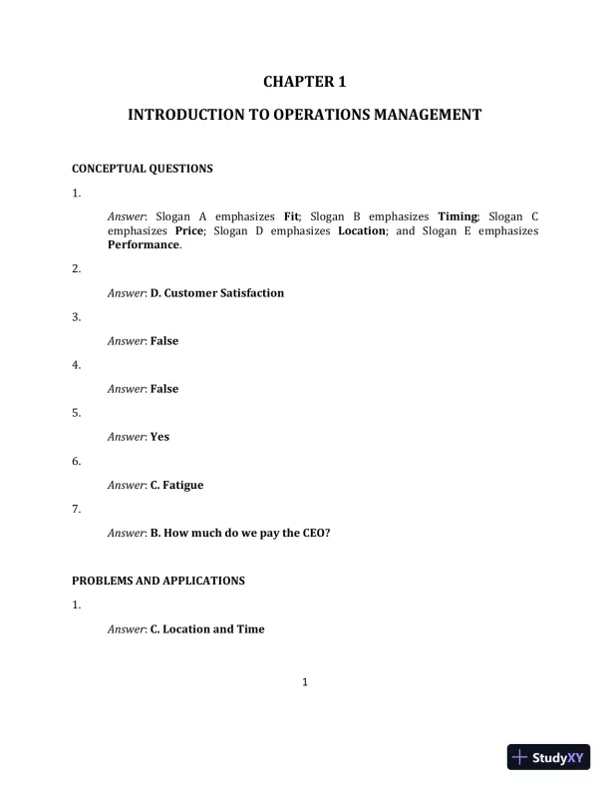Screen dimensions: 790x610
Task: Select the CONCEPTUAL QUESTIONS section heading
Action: click(x=143, y=169)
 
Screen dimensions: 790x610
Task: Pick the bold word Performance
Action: click(x=144, y=244)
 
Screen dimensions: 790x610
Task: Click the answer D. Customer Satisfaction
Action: click(x=216, y=293)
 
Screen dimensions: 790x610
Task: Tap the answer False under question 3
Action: click(x=164, y=341)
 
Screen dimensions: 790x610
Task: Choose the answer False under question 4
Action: click(x=164, y=389)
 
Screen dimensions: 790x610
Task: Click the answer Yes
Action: click(x=159, y=437)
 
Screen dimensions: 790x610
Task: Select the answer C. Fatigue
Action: click(x=176, y=485)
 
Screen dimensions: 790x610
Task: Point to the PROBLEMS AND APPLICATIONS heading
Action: click(x=158, y=581)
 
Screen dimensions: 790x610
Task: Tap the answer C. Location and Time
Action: click(x=207, y=629)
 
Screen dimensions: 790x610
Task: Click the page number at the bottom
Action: click(x=305, y=682)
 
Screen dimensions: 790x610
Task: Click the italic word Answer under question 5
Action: click(x=127, y=437)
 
